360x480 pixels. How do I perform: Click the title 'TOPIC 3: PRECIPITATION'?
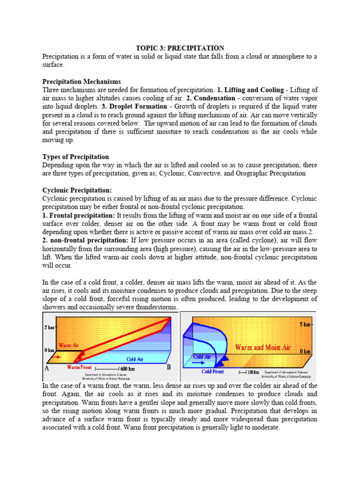point(180,48)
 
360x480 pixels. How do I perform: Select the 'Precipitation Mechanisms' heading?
point(82,82)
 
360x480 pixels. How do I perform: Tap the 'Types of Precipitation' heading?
point(75,157)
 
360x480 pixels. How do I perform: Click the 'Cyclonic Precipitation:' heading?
point(77,190)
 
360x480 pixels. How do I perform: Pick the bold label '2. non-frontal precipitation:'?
point(85,240)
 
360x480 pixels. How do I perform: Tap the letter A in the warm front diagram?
point(47,368)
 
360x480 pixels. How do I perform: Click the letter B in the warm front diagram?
point(169,367)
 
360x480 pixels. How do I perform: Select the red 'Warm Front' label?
point(80,367)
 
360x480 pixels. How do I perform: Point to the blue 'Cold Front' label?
point(213,372)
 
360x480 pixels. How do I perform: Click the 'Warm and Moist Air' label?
point(263,348)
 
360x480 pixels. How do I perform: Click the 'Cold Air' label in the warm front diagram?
point(135,359)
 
